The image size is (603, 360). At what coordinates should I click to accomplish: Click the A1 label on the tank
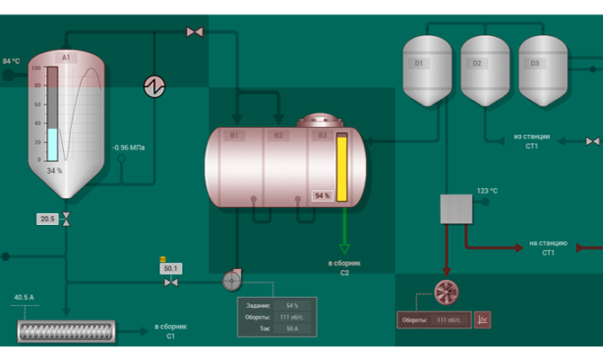[65, 58]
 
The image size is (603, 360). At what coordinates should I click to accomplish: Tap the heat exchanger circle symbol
[155, 85]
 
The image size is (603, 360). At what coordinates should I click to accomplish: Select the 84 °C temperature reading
[12, 61]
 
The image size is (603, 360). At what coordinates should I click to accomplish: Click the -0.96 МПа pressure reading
[129, 148]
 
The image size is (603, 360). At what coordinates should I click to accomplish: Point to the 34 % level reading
[54, 170]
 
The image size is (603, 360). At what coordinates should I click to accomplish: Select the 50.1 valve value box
[170, 268]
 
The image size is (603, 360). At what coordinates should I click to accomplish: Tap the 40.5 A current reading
[23, 297]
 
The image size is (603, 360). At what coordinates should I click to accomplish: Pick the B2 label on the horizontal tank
[278, 135]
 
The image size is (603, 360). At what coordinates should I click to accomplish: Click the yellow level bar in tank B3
[342, 168]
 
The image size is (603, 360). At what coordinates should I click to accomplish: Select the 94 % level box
[322, 195]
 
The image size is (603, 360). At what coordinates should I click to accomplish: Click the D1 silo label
[418, 63]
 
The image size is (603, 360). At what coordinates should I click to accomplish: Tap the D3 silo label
[535, 63]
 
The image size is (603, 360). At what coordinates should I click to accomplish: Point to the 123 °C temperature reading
[487, 191]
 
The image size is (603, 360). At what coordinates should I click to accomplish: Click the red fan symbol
[446, 292]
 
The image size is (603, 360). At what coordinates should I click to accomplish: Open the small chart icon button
[482, 319]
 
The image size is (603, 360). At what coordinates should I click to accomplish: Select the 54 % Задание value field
[292, 306]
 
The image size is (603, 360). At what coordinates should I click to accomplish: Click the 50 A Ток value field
[292, 328]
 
